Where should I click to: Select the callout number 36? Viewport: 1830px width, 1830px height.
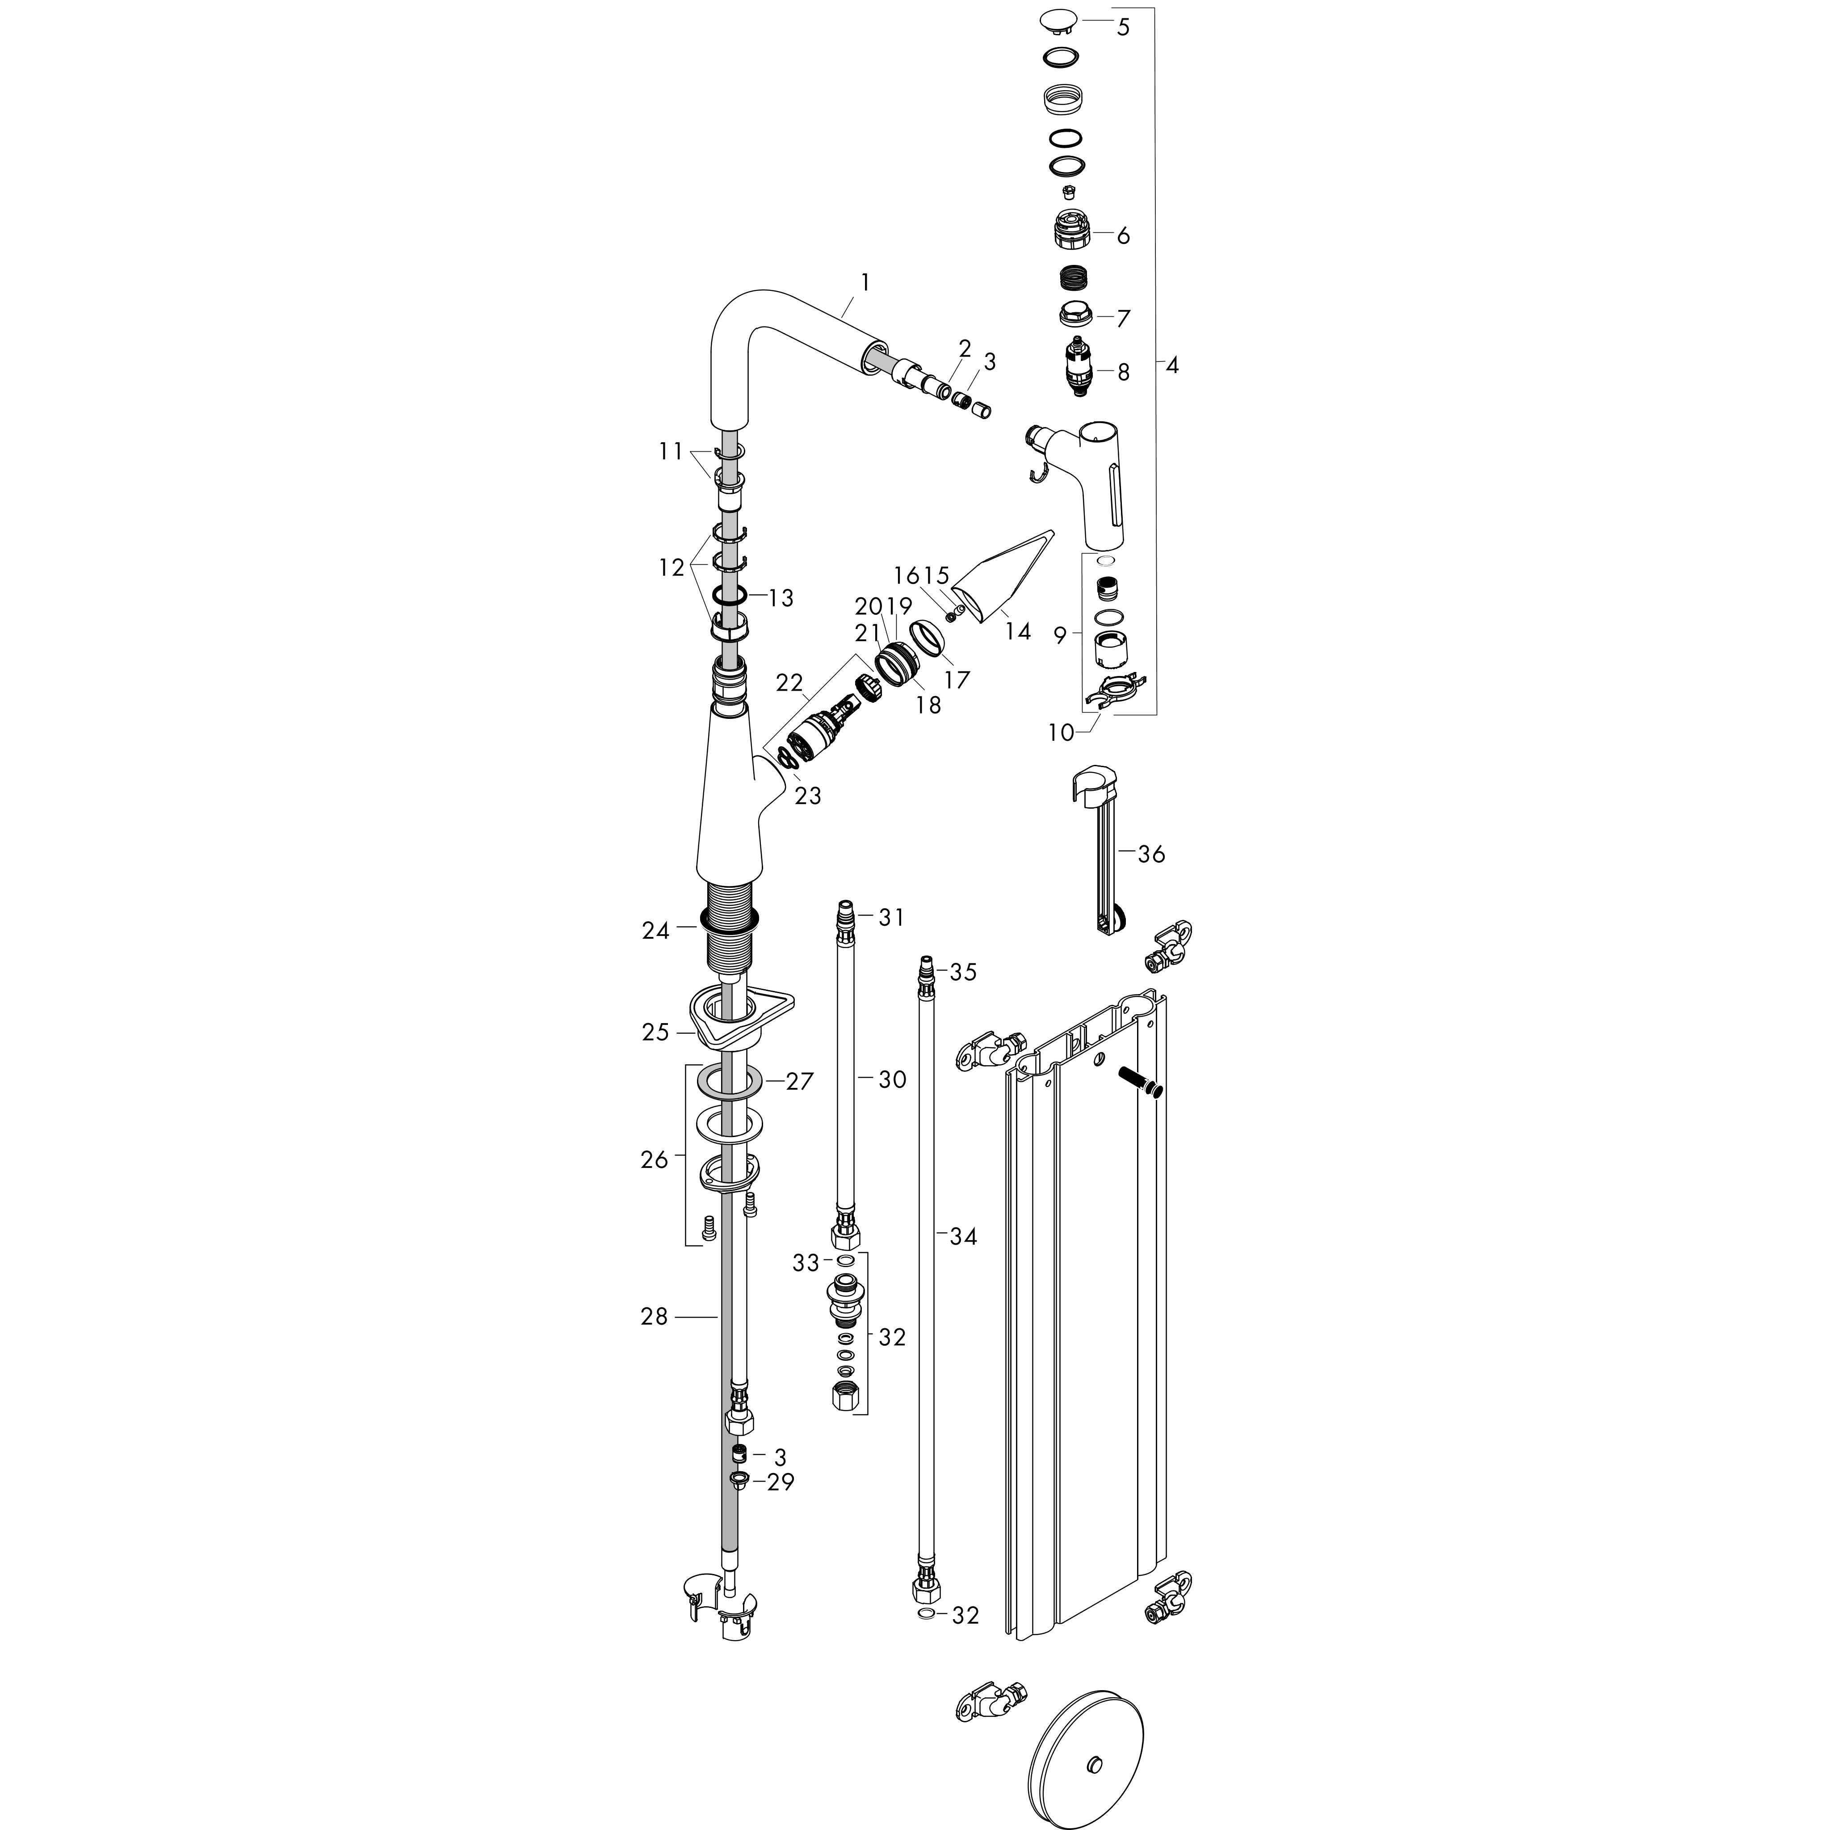(1151, 854)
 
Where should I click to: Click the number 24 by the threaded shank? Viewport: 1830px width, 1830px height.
(655, 931)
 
